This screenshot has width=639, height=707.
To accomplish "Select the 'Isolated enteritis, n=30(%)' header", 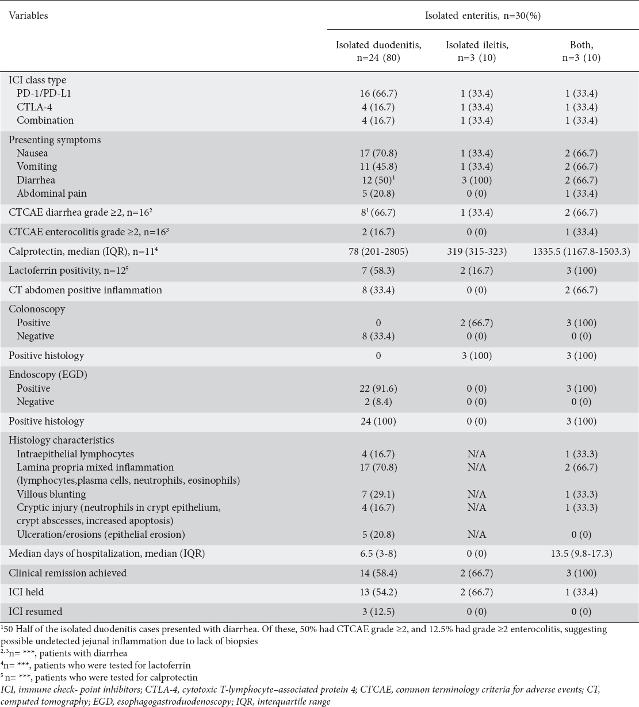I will coord(483,16).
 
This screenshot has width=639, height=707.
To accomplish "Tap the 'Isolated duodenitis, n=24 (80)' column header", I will coord(378,51).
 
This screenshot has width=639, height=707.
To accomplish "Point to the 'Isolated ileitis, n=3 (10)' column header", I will coord(476,51).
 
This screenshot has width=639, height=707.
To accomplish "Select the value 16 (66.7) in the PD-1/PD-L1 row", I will coord(378,93).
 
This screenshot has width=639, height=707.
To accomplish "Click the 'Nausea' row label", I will coord(32,153).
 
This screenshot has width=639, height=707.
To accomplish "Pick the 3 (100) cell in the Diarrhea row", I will coord(476,180).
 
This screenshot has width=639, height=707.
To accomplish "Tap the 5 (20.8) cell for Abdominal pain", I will coord(378,193).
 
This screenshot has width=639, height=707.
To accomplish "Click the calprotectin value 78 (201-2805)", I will coord(378,251).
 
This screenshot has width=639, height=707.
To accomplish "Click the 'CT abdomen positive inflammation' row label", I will coord(85,290).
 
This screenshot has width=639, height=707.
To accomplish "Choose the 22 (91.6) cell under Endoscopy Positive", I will coord(378,388).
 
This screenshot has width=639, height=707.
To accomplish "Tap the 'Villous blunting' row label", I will coord(51,494).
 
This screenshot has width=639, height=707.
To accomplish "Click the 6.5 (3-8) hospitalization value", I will coord(378,553).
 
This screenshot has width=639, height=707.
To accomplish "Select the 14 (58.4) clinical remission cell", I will coord(378,573).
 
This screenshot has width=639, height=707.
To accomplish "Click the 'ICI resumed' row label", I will coord(35,612).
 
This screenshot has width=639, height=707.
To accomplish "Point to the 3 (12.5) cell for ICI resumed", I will coord(378,612).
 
